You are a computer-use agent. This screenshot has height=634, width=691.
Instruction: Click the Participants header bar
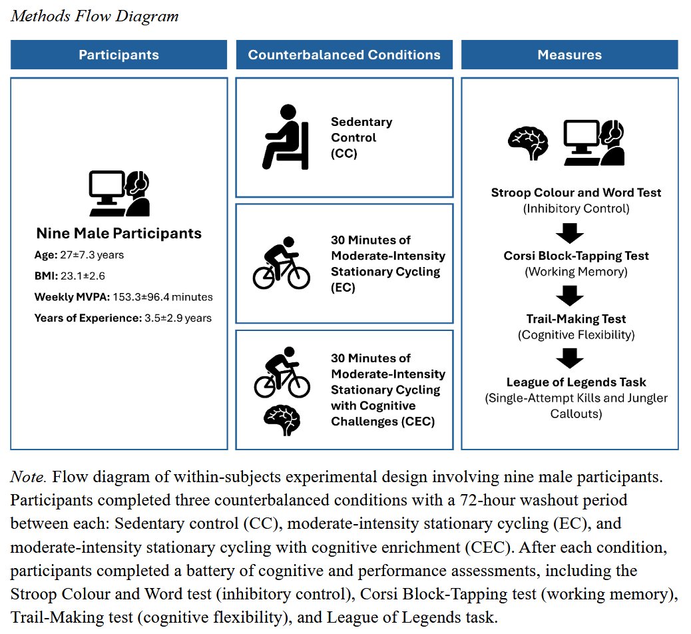pos(119,55)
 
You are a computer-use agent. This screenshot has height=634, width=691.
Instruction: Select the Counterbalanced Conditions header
pos(344,55)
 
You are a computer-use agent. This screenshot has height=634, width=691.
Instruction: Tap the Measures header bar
pos(569,55)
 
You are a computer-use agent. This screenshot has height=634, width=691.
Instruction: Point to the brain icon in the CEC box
pos(282,420)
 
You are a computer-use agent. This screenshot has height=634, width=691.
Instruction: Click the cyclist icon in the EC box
pos(282,263)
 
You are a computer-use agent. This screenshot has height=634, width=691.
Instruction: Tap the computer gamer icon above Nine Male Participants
pos(119,193)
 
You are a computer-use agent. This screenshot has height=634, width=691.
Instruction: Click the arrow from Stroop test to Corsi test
pos(569,233)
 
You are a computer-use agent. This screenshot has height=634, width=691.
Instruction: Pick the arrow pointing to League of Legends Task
pos(569,359)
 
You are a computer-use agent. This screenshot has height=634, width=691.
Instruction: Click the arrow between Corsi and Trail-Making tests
pos(569,296)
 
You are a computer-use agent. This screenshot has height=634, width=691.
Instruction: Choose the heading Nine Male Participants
pos(119,233)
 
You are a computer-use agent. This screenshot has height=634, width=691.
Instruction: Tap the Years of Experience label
pos(88,318)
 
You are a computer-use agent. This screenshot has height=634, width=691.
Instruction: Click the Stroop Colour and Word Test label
pos(576,193)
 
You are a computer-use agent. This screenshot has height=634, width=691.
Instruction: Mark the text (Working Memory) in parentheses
pos(576,272)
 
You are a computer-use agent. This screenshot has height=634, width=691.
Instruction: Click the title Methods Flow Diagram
pos(95,16)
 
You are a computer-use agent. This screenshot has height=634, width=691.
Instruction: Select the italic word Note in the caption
pos(28,477)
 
